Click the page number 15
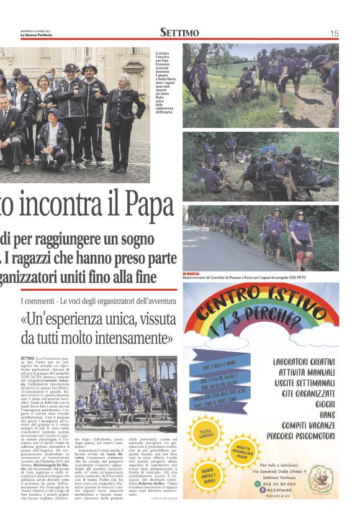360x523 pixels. pos(334,33)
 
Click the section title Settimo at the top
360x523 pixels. pos(179,33)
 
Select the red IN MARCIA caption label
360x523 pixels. pos(192,274)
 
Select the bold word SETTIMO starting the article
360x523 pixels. pos(27,359)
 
